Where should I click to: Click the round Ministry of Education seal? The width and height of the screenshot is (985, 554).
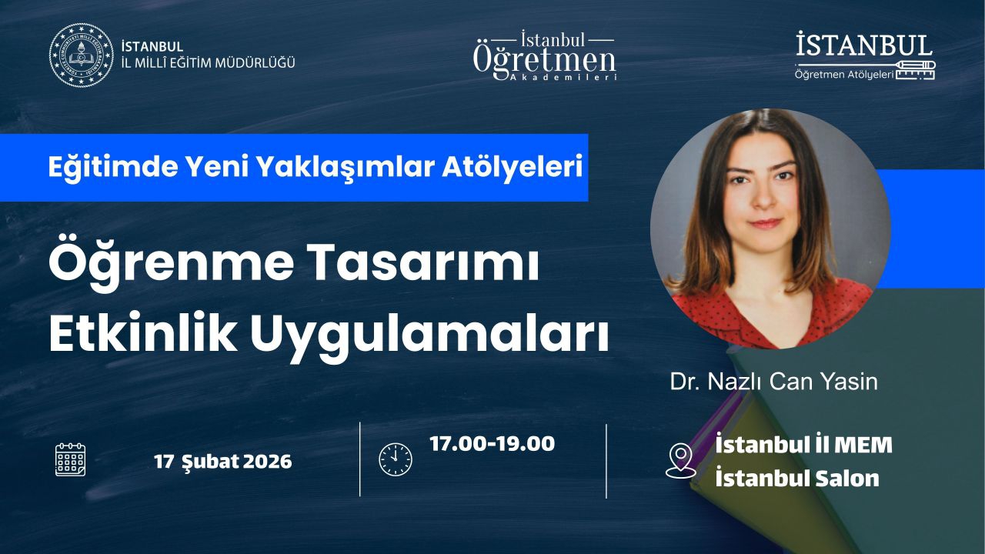(x=82, y=55)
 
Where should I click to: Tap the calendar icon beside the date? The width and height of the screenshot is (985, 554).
(x=70, y=459)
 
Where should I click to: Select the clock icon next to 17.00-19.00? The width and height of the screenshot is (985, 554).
(x=396, y=459)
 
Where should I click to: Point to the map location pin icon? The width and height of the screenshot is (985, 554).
(x=681, y=460)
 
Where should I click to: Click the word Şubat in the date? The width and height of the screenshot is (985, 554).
(x=210, y=462)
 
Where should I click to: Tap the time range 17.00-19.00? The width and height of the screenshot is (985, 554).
(x=492, y=444)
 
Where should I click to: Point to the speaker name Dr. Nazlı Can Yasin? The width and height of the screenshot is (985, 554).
(x=773, y=381)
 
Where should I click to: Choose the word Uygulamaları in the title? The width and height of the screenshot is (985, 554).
(x=429, y=336)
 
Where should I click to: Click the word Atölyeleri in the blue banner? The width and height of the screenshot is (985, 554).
(x=513, y=167)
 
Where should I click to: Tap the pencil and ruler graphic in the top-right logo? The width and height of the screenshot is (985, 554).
(x=916, y=70)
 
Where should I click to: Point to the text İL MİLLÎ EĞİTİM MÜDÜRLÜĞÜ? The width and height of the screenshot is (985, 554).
(x=208, y=63)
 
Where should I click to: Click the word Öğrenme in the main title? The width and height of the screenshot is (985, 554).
(x=171, y=263)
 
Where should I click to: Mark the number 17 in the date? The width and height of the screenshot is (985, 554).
(x=164, y=462)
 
